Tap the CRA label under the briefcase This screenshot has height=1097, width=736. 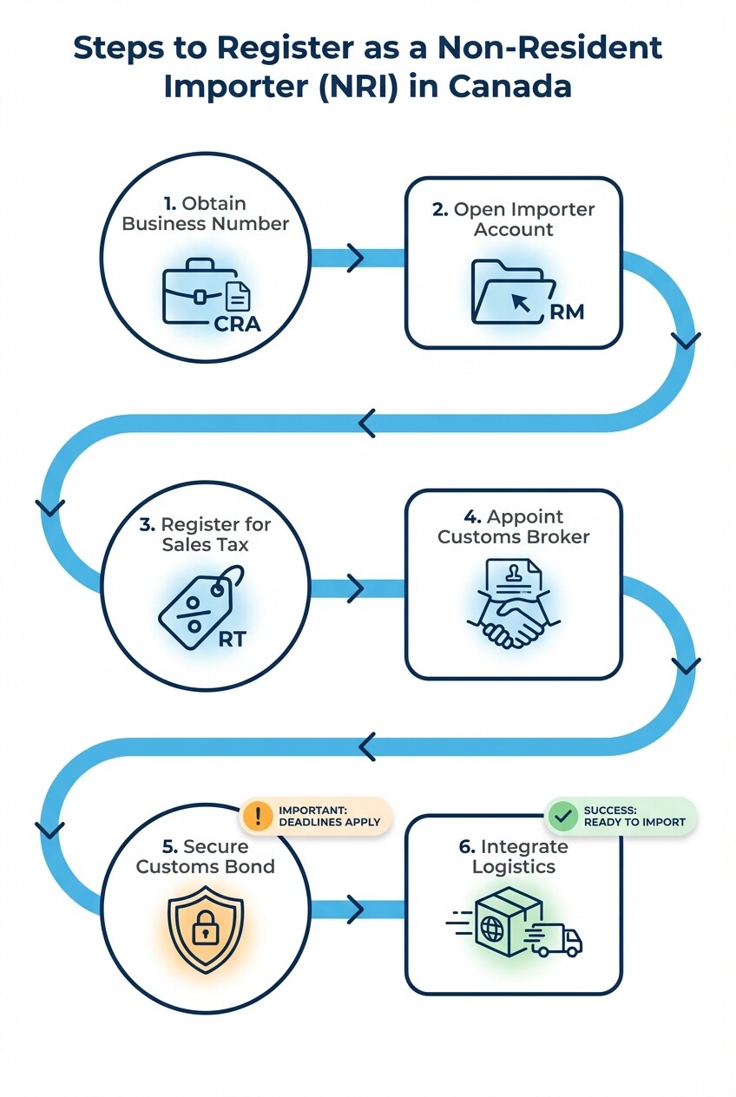[x=237, y=325]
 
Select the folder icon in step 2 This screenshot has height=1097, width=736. [x=512, y=292]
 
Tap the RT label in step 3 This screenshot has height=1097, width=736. [x=232, y=640]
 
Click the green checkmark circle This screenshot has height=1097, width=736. [x=563, y=816]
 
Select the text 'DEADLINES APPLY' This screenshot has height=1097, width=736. [x=329, y=822]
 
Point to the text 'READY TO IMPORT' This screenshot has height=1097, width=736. [x=634, y=822]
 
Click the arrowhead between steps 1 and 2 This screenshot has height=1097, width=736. [x=355, y=258]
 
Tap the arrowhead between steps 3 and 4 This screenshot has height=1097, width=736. [x=355, y=588]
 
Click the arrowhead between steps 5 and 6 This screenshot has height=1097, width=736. [x=355, y=910]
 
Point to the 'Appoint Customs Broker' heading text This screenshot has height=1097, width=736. [x=513, y=528]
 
